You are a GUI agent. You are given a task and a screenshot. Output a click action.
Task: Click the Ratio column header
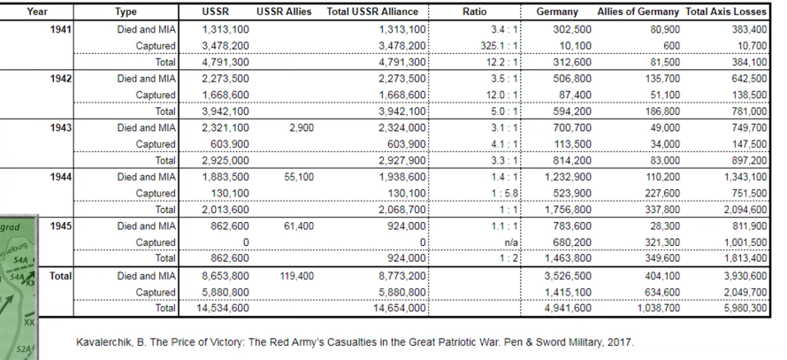[475, 11]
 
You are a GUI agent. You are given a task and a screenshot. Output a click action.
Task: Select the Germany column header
[557, 11]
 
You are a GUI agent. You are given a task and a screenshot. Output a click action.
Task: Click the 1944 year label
[61, 176]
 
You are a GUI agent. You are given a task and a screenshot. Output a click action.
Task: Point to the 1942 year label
[61, 78]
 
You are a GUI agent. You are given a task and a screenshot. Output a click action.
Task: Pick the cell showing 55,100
[296, 176]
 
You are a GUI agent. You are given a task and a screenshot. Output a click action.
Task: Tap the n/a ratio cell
[510, 242]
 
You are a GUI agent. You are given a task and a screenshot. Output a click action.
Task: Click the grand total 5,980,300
[741, 308]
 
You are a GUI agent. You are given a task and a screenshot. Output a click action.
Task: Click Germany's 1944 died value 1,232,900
[564, 176]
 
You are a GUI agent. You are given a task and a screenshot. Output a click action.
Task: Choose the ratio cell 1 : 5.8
[502, 193]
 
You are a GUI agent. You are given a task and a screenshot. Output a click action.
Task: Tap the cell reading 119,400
[296, 275]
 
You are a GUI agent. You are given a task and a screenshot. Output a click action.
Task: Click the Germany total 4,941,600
[564, 308]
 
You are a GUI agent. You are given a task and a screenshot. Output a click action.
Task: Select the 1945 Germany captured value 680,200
[569, 242]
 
